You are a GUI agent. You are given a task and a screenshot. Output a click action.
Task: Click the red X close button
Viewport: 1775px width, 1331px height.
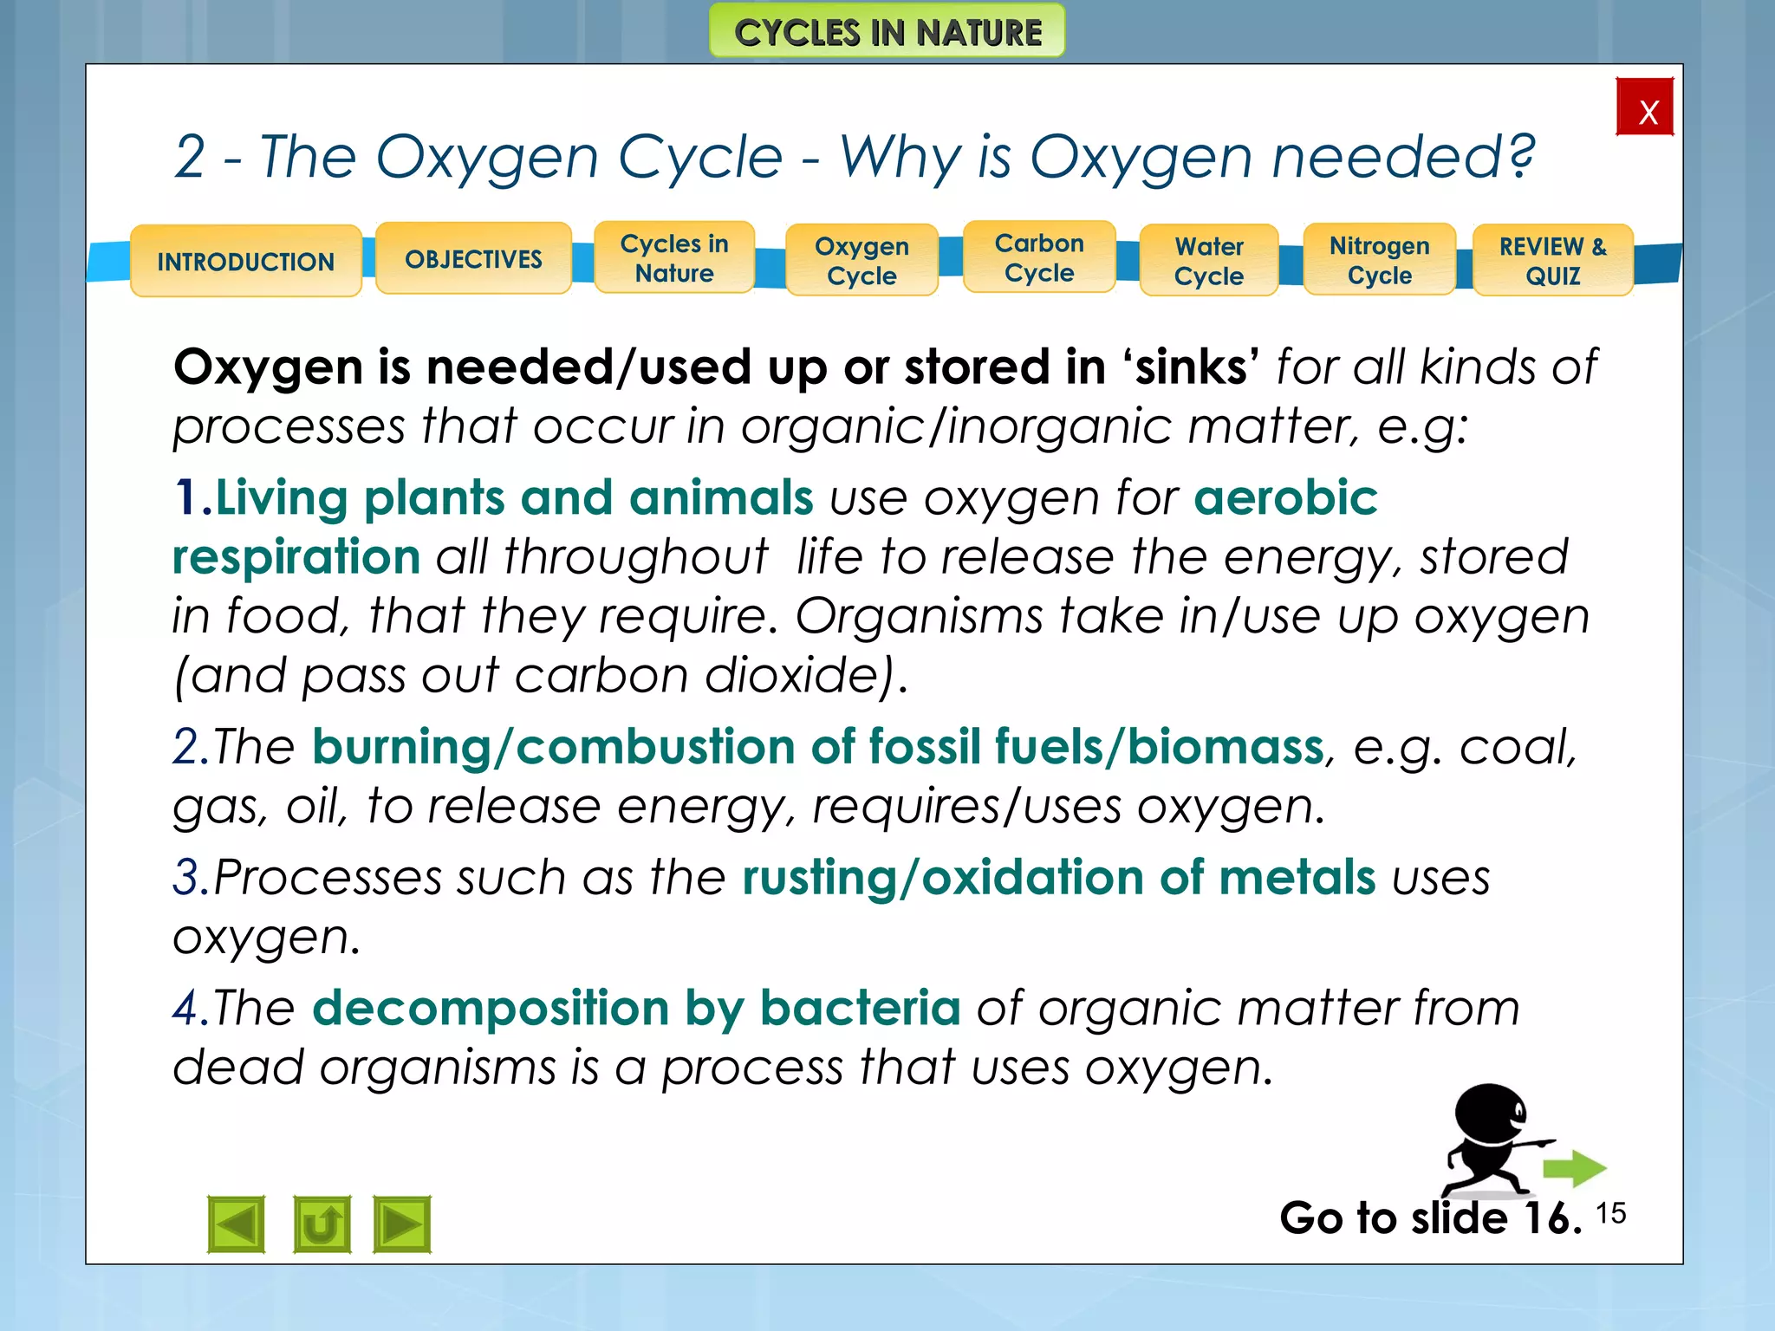(x=1644, y=107)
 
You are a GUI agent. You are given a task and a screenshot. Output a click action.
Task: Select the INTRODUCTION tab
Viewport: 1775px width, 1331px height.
(x=245, y=261)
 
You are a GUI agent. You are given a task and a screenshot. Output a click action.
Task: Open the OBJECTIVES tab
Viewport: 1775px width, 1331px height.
(x=473, y=258)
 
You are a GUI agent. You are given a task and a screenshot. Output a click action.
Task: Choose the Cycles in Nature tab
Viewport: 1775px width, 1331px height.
(x=674, y=258)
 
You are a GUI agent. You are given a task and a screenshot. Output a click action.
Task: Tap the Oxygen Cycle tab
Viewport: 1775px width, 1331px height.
(x=861, y=261)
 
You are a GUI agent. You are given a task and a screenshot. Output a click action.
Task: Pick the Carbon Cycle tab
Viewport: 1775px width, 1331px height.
(x=1039, y=257)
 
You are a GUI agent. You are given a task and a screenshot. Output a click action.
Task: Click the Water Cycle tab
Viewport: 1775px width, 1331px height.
(x=1209, y=261)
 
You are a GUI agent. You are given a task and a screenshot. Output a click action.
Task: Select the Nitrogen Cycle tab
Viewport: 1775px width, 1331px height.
(x=1379, y=260)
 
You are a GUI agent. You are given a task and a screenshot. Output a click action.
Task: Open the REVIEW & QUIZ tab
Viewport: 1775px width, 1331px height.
(x=1552, y=261)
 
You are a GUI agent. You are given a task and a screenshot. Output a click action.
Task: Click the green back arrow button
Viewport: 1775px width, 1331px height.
(x=236, y=1224)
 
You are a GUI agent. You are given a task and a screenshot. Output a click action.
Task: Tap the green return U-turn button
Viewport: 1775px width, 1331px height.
(x=322, y=1224)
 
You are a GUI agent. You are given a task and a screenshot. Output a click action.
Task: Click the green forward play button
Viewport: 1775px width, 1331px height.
(x=402, y=1224)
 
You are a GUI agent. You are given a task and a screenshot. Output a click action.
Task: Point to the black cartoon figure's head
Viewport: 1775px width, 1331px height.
(x=1490, y=1113)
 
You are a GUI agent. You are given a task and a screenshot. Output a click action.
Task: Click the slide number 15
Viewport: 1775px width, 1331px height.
(x=1610, y=1213)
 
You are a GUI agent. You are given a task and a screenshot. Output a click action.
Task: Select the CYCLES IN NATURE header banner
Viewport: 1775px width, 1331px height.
(x=887, y=32)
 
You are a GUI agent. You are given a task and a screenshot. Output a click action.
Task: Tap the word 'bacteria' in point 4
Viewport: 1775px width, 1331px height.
(x=860, y=1008)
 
